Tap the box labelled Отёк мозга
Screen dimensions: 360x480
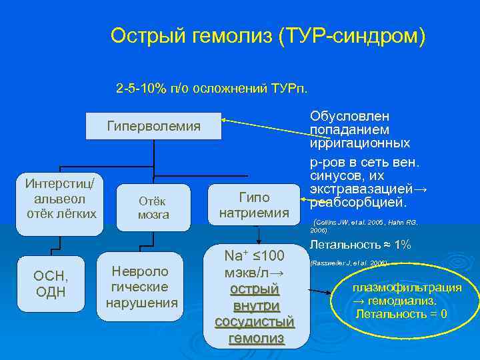[153, 207]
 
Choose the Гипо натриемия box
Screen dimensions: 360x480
[254, 205]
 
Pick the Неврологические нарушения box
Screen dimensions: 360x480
[142, 287]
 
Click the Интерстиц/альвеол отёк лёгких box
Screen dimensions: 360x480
[59, 198]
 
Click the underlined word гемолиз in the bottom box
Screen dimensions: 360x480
[255, 338]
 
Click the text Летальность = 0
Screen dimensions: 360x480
[401, 313]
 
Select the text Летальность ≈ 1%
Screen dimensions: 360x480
[361, 245]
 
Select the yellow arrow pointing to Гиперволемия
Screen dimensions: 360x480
[264, 124]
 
